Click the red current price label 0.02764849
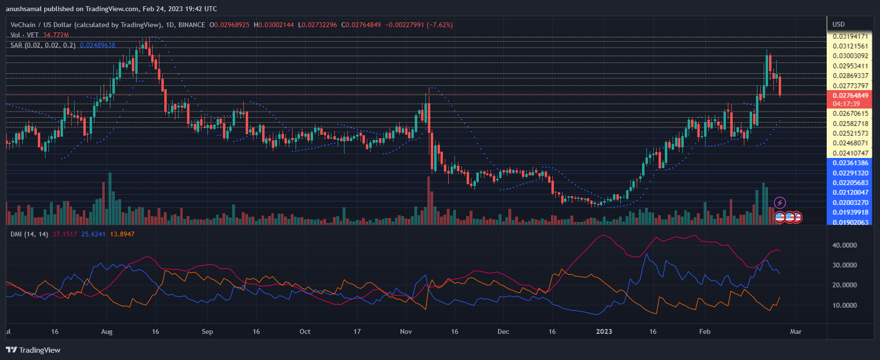(x=850, y=95)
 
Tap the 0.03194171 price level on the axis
(x=850, y=36)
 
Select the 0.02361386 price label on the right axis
(x=850, y=163)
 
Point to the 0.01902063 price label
(x=850, y=222)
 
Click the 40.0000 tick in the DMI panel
(x=844, y=245)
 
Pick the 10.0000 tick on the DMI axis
(x=844, y=305)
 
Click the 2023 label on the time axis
(x=604, y=331)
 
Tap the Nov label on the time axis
(x=406, y=331)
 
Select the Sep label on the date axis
(x=207, y=331)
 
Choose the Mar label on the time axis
(x=796, y=331)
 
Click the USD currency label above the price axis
(x=838, y=24)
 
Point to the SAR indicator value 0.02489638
(x=97, y=45)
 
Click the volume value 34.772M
(x=56, y=35)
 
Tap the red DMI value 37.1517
(x=65, y=234)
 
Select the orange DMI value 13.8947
(x=122, y=234)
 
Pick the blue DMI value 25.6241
(x=94, y=234)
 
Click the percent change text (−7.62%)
(x=440, y=25)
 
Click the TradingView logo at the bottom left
(x=33, y=350)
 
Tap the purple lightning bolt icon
(x=780, y=203)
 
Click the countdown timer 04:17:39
(x=846, y=104)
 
